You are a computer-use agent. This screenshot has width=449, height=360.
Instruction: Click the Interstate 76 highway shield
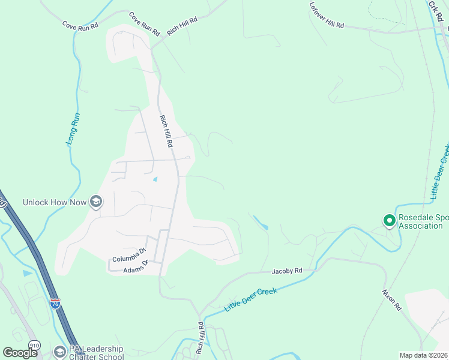tap(55, 304)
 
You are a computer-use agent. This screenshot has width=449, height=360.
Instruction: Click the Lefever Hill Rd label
tap(327, 16)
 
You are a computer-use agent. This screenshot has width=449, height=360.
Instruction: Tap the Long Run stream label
tap(74, 129)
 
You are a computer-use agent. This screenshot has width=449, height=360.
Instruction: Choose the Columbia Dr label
tap(129, 255)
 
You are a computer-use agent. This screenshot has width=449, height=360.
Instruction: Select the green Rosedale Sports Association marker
tap(389, 221)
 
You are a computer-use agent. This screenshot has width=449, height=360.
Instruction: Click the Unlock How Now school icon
tap(95, 202)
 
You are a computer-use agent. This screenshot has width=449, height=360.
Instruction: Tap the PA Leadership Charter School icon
tap(59, 352)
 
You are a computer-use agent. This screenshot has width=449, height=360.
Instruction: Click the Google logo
tap(20, 353)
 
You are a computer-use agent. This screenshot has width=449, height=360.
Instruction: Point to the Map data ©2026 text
tap(424, 355)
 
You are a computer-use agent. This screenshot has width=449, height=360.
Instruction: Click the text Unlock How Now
tap(55, 202)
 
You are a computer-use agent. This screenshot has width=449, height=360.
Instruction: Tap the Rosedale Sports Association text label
tap(420, 221)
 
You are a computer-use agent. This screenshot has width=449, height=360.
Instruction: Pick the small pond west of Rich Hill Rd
tap(155, 179)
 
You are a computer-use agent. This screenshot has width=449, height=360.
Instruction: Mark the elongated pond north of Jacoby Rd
tap(261, 223)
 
